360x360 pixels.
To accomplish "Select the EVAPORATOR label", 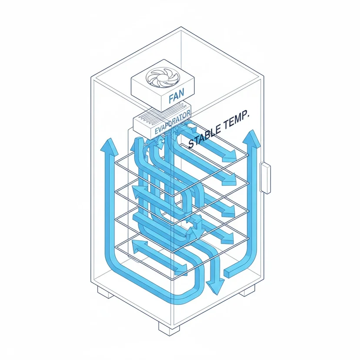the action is (173, 123).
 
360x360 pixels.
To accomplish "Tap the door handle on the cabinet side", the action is (265, 177).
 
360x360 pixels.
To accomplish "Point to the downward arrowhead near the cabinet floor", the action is (215, 287).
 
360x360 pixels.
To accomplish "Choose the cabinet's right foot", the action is (247, 290).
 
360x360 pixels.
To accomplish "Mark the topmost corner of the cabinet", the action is (181, 27).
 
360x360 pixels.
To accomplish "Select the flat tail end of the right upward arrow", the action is (227, 273).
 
